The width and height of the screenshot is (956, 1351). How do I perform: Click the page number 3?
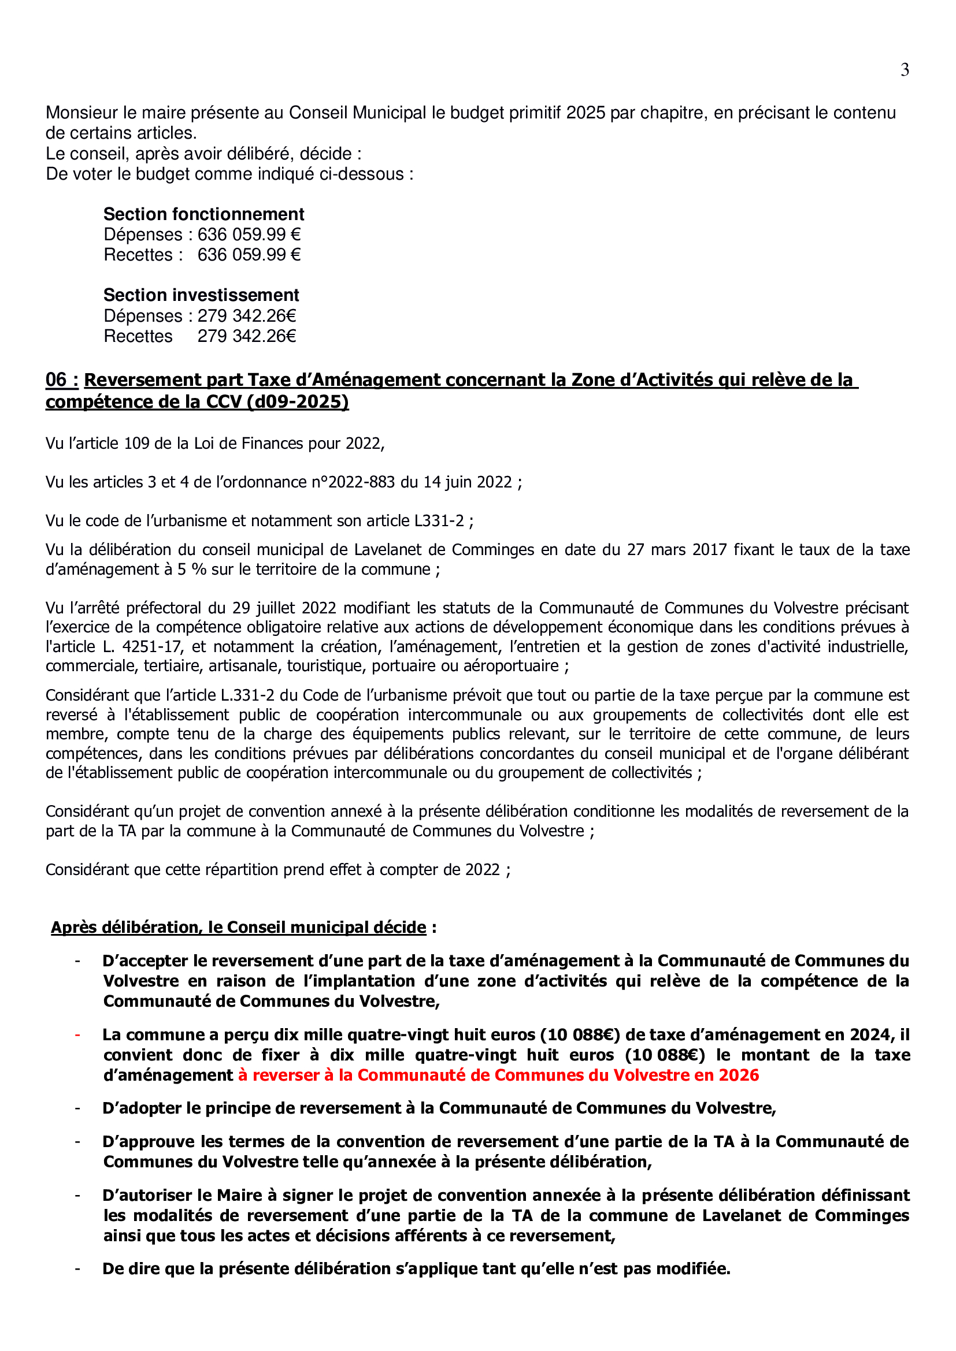[x=905, y=70]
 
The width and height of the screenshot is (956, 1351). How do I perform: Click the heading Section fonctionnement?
[x=203, y=214]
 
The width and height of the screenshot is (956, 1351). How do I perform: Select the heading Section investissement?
[x=201, y=295]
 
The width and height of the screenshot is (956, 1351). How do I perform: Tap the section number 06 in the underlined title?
[x=57, y=380]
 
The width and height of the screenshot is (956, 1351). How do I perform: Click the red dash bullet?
[x=77, y=1035]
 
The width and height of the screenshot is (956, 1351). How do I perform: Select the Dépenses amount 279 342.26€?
[x=247, y=316]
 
